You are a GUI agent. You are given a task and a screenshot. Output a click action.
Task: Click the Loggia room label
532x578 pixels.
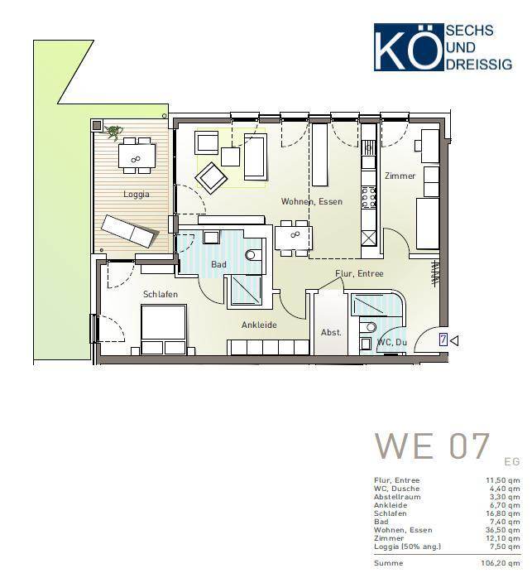[x=137, y=195]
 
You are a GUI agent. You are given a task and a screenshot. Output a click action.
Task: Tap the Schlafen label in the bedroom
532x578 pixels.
[x=161, y=294]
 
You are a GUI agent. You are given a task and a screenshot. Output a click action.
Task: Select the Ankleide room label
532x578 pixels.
[x=259, y=325]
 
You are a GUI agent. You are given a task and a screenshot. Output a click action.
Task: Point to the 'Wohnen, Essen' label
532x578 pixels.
[x=312, y=201]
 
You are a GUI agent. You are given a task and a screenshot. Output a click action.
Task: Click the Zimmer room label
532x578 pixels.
[x=400, y=176]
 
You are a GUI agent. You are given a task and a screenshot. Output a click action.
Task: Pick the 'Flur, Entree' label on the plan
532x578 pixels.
[x=359, y=273]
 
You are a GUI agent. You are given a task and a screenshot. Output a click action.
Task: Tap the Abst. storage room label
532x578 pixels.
[x=331, y=332]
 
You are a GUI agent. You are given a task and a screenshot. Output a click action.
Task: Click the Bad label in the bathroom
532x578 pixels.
[x=218, y=264]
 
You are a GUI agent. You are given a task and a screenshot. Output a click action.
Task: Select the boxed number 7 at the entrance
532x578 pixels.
[x=443, y=340]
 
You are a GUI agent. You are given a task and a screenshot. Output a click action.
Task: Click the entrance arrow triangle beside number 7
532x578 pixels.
[x=454, y=340]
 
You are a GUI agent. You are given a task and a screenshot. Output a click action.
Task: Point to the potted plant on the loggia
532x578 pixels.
[x=113, y=132]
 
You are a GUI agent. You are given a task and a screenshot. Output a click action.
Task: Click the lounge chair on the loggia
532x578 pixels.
[x=130, y=231]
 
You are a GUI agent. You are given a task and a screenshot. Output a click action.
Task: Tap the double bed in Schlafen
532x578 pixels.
[x=164, y=330]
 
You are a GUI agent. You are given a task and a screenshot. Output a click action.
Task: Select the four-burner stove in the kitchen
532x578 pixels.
[x=368, y=197]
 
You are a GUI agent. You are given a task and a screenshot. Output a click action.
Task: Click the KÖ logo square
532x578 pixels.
[x=409, y=47]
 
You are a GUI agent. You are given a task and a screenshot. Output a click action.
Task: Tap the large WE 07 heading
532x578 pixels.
[x=432, y=446]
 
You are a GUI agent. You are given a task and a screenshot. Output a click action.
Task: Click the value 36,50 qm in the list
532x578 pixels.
[x=502, y=530]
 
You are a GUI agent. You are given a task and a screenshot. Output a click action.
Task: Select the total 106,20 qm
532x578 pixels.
[x=501, y=563]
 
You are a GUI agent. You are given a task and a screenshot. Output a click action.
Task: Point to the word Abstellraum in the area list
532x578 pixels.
[x=397, y=497]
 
